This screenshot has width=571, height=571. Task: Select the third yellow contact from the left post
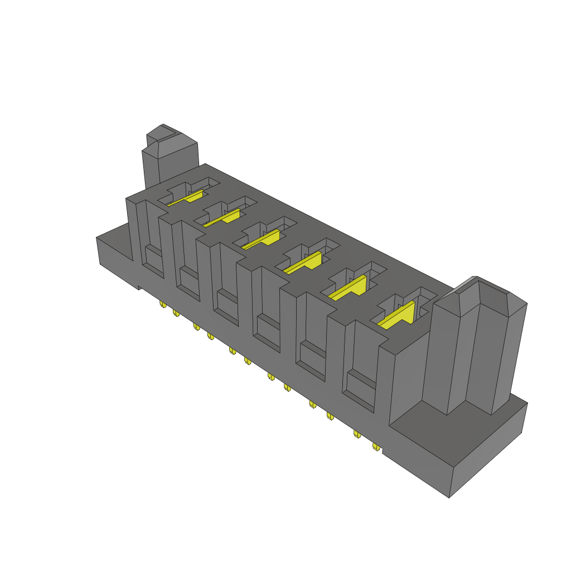pos(262,239)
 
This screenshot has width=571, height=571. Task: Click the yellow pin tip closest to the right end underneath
pos(376,447)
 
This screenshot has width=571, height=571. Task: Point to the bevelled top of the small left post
pos(167,134)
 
